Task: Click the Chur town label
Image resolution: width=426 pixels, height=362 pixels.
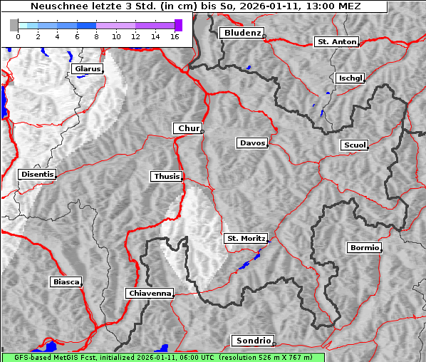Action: [x=188, y=128]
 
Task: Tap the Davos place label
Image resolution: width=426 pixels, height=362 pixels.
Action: [x=252, y=143]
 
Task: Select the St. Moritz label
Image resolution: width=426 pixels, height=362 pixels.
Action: [x=246, y=238]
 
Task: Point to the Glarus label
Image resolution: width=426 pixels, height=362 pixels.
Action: [x=86, y=69]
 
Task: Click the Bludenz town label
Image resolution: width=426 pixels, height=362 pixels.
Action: [x=241, y=33]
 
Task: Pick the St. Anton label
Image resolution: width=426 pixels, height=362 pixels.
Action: [x=336, y=42]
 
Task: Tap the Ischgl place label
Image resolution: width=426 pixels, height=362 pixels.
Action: [x=350, y=78]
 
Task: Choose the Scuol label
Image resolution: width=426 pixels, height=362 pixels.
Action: [x=354, y=145]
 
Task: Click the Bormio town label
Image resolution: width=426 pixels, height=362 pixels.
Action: [x=364, y=248]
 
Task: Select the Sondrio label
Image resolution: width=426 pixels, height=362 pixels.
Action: [x=252, y=341]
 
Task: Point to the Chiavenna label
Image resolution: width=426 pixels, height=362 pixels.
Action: [x=150, y=293]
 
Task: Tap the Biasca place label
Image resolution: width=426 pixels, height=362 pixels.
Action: [x=66, y=282]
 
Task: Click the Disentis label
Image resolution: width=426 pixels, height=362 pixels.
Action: [x=36, y=174]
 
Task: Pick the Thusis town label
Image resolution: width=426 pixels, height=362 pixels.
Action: [x=167, y=176]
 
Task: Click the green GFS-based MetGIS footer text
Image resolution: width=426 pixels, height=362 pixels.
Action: [x=162, y=357]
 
